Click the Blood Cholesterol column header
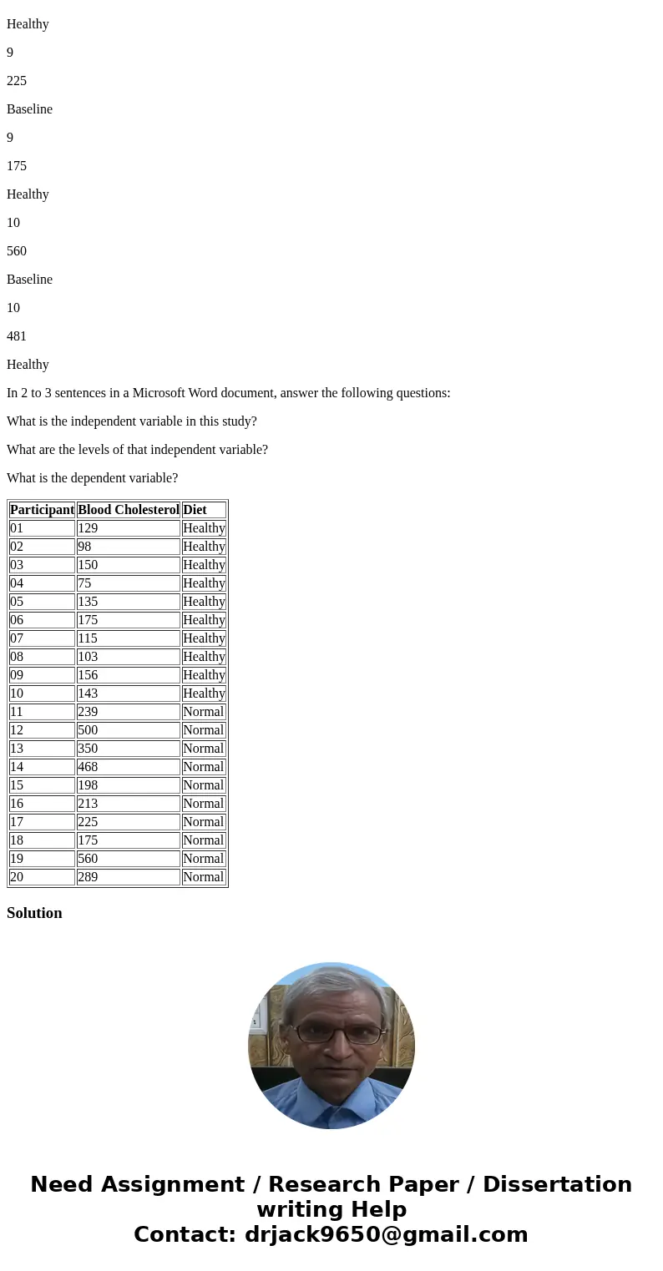(x=129, y=510)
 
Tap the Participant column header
(x=42, y=510)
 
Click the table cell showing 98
(x=84, y=547)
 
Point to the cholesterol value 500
(x=88, y=730)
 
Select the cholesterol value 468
(x=88, y=767)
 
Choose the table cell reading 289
(x=88, y=877)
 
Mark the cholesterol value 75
(x=84, y=583)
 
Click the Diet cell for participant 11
(x=203, y=712)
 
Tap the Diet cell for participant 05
(x=204, y=602)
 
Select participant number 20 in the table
(x=17, y=877)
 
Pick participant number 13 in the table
(x=17, y=749)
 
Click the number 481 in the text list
(x=17, y=336)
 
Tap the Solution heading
(x=34, y=913)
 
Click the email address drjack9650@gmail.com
(x=386, y=1234)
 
